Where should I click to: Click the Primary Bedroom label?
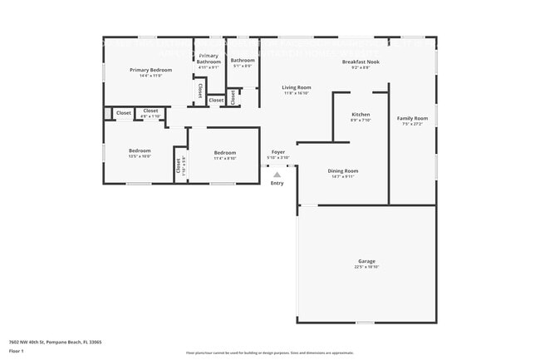point(150,70)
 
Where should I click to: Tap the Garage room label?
point(366,261)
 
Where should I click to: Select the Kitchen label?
point(361,114)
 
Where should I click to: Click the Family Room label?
point(412,118)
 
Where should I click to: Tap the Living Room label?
point(296,87)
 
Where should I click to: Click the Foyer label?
point(278,152)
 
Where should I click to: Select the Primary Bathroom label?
point(209,58)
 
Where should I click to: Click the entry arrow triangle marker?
point(277,174)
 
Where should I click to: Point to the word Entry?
point(277,183)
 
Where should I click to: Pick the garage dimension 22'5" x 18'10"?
point(366,267)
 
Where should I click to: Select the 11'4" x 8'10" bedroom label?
point(224,158)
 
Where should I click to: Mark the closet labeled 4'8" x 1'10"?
point(150,116)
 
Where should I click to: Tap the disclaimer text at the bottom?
point(269,353)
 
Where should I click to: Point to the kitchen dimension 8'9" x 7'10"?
point(361,120)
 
